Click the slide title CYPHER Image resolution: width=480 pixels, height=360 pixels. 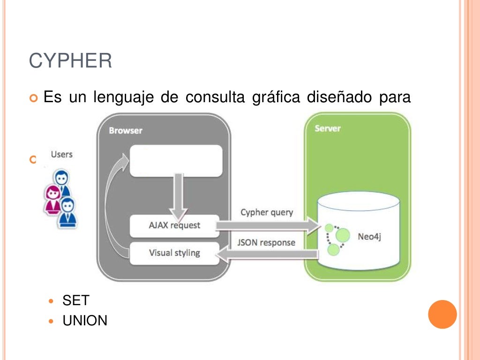[70, 61]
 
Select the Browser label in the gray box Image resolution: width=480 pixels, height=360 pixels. [125, 130]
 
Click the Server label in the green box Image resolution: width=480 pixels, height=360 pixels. [328, 128]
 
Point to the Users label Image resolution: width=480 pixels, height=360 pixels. [61, 154]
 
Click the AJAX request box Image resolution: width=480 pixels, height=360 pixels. [174, 225]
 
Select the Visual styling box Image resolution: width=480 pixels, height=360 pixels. [174, 253]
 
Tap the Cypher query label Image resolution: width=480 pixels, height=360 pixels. [267, 212]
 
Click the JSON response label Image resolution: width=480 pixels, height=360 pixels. [266, 242]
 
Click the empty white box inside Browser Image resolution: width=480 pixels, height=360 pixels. [176, 161]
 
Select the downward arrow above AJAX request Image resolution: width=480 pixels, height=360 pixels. [178, 193]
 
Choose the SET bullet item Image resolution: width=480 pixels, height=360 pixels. [76, 300]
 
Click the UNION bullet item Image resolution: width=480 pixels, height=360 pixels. [85, 321]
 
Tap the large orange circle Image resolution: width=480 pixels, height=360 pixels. [442, 314]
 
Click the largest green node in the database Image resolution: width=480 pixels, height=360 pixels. [343, 234]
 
